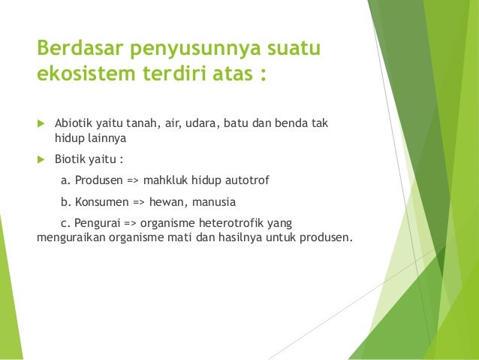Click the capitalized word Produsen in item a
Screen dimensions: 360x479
[97, 181]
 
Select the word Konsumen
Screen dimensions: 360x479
[101, 202]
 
